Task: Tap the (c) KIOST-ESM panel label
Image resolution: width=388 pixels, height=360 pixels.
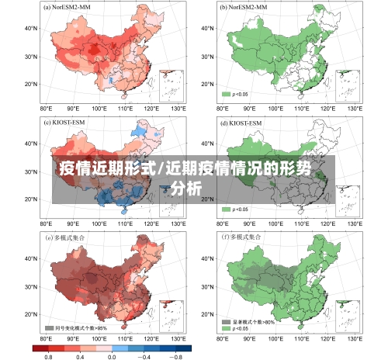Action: coord(65,123)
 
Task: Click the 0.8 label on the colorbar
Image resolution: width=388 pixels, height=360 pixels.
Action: coord(48,355)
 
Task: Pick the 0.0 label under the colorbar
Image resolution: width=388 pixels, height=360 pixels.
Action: coord(111,355)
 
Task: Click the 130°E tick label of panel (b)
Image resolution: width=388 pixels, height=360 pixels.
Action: coord(358,109)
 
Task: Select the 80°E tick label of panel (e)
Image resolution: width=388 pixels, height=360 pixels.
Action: coord(46,339)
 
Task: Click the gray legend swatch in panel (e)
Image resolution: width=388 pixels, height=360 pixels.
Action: coord(49,327)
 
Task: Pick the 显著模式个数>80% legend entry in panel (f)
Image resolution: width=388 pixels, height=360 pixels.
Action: coord(253,320)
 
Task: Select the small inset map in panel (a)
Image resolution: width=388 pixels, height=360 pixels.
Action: coord(172,85)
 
